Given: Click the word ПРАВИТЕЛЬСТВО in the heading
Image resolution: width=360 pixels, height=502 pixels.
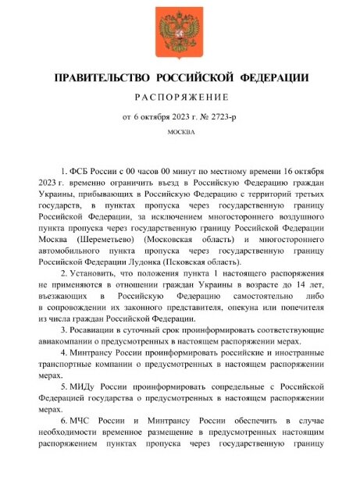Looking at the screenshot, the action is point(99,77).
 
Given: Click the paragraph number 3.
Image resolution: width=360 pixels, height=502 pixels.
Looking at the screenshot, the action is point(62,331).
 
